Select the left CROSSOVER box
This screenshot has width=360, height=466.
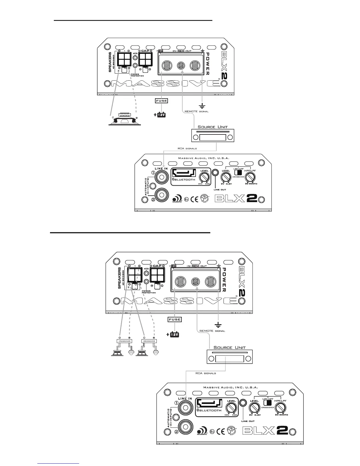tap(124, 341)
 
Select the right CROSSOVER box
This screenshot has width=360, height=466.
tap(149, 341)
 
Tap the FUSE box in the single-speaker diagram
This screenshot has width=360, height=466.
tap(161, 101)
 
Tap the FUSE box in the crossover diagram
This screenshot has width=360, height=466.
tap(174, 319)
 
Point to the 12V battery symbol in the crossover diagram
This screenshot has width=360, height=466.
tap(174, 334)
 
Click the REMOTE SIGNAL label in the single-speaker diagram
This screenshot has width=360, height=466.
tap(196, 111)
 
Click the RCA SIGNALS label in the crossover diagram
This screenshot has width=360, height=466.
tap(206, 373)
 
